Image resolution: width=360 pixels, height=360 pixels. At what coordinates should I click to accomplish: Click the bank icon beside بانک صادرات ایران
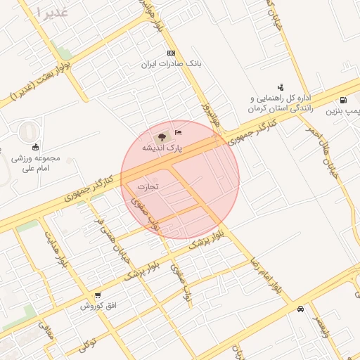point(171,53)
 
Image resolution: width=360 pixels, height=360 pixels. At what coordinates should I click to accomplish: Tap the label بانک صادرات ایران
point(171,64)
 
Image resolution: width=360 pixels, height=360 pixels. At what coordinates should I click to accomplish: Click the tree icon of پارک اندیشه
point(162,136)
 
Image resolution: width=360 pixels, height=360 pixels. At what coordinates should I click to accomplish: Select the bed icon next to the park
point(178,132)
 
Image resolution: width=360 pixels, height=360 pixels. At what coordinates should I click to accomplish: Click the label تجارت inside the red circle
point(148,187)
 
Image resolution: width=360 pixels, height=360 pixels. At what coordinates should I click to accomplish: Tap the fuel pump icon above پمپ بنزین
point(343,101)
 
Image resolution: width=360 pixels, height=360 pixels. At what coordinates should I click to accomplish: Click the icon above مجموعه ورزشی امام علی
point(36,146)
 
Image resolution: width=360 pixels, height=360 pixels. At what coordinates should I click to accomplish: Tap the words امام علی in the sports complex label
point(33,168)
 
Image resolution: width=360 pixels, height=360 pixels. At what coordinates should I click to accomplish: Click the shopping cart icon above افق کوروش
point(97,295)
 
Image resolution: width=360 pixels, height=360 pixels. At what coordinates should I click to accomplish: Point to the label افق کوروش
point(97,306)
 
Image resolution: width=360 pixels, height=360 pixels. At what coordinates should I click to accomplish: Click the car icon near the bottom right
point(300,309)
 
